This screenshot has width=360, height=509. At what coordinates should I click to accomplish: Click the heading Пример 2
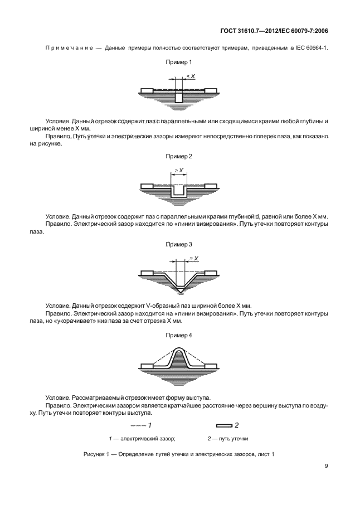coord(179,158)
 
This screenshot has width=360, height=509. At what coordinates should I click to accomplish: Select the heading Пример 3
coord(179,244)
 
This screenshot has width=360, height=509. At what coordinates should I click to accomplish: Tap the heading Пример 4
coord(179,336)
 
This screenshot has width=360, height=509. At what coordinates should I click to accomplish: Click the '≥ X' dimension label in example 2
coord(179,170)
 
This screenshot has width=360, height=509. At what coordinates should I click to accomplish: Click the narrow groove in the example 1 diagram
coord(179,97)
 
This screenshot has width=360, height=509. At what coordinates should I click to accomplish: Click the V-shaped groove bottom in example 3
coord(179,288)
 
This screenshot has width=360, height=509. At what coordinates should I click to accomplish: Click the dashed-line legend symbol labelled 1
coord(137,425)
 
